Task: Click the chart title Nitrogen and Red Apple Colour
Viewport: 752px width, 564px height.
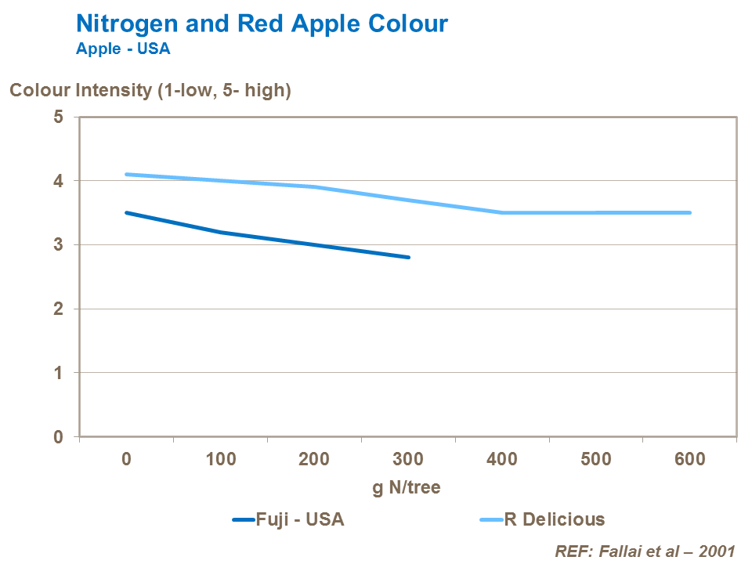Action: click(x=262, y=23)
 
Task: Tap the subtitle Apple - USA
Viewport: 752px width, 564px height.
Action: click(x=123, y=49)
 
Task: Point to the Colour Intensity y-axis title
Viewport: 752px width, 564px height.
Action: click(x=150, y=90)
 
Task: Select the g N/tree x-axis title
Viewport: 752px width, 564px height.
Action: click(x=406, y=487)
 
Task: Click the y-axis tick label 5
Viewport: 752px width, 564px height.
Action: click(x=58, y=117)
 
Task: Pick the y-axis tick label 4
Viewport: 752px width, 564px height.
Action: click(x=58, y=181)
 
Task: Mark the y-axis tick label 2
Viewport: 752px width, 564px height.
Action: click(x=58, y=309)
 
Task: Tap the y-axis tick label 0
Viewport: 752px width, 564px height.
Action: click(x=58, y=436)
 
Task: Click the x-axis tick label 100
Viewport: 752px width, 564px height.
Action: click(x=220, y=459)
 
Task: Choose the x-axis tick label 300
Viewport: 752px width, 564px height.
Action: click(x=408, y=459)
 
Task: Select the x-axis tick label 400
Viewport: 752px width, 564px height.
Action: click(x=502, y=459)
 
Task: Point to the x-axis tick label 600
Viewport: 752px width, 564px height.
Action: click(x=690, y=459)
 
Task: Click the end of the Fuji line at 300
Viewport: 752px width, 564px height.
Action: click(x=408, y=257)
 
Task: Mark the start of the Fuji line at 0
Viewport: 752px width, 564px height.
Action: click(x=126, y=212)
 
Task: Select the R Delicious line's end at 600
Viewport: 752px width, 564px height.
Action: click(x=689, y=212)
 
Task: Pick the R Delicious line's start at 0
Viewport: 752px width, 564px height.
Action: click(x=126, y=174)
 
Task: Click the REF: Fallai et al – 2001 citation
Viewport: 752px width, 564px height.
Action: click(x=645, y=551)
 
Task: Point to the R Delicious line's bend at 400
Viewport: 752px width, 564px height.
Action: click(x=502, y=212)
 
